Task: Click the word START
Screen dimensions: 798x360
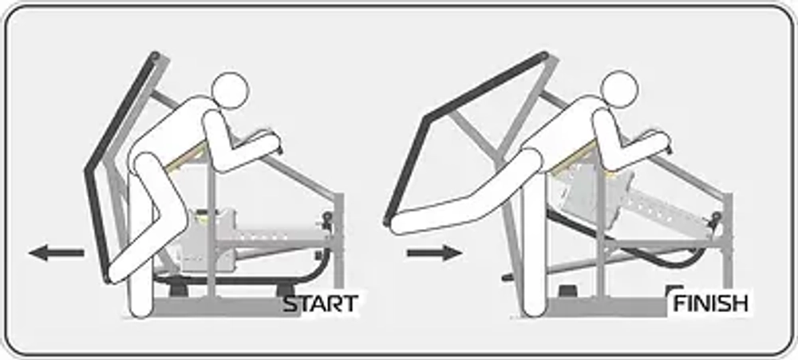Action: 321,304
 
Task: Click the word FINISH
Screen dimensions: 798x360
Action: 711,304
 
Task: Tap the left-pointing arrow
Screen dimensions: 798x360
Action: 56,252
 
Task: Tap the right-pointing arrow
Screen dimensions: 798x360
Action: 434,252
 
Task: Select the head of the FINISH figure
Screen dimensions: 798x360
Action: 619,89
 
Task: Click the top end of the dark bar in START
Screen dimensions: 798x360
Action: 155,55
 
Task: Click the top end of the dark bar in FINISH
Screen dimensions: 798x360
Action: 543,54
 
